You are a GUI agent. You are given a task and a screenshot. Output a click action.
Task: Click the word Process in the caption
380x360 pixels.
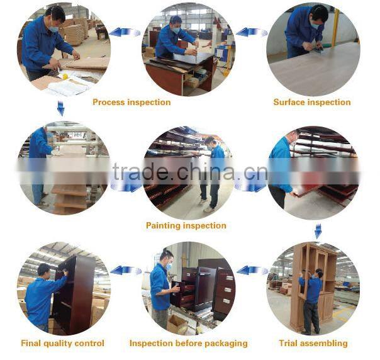(109, 102)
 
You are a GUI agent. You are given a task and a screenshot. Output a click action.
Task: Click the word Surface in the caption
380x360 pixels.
(289, 102)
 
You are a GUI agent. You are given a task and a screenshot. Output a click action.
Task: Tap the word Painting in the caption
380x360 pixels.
(164, 226)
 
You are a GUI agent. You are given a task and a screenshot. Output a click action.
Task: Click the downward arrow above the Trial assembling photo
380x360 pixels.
(318, 231)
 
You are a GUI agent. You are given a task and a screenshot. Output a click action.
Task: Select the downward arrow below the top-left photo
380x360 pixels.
(60, 108)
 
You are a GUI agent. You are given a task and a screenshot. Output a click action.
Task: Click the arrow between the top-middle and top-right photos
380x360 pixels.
(252, 32)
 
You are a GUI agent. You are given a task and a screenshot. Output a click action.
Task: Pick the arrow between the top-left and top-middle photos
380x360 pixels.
(125, 32)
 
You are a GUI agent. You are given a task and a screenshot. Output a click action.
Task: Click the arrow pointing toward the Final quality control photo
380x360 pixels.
(126, 270)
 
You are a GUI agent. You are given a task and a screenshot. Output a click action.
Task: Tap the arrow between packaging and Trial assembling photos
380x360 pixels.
(252, 270)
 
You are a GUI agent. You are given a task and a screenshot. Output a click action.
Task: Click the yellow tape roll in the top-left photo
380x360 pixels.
(65, 77)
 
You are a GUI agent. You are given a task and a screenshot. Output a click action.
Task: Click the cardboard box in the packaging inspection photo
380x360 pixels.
(177, 324)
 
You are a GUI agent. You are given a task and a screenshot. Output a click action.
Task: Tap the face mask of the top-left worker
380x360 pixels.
(54, 30)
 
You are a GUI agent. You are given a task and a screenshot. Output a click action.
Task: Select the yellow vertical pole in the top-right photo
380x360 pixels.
(336, 27)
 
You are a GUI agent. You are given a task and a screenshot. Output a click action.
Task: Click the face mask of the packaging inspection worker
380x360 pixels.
(169, 266)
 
